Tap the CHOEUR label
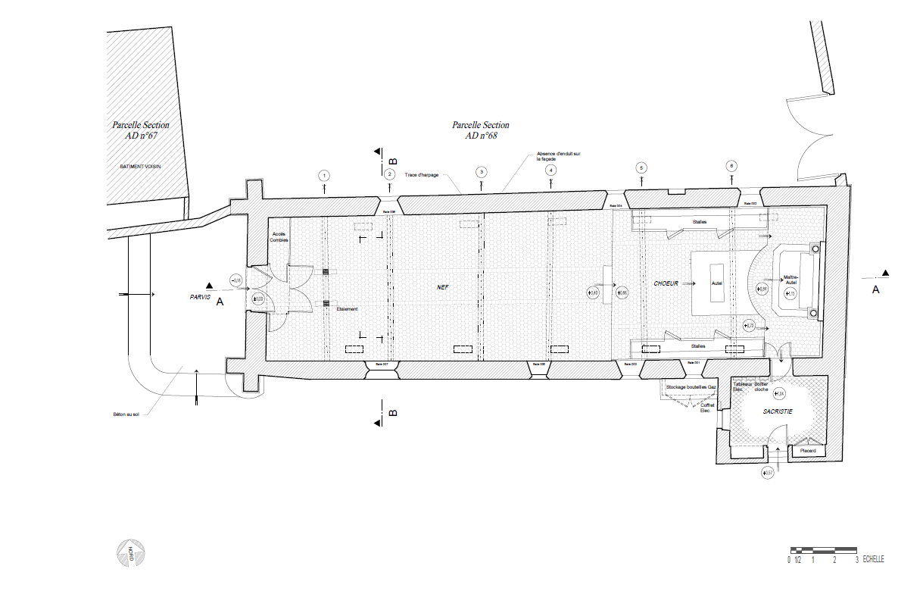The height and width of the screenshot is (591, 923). (666, 283)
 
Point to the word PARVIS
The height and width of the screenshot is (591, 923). (200, 298)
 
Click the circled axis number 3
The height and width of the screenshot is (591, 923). (480, 172)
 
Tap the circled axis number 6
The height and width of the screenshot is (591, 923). (731, 165)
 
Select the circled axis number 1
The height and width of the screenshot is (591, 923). (324, 176)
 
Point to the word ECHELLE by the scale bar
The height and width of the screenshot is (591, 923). (873, 560)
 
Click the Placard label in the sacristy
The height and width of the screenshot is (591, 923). (808, 451)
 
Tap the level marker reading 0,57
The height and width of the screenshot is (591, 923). (769, 473)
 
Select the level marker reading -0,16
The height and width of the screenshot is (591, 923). (235, 282)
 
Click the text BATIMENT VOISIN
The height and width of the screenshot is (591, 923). (141, 166)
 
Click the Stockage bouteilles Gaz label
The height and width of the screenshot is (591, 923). (691, 386)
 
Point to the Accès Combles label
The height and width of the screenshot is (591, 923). (279, 237)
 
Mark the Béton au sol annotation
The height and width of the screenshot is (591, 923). (126, 414)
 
